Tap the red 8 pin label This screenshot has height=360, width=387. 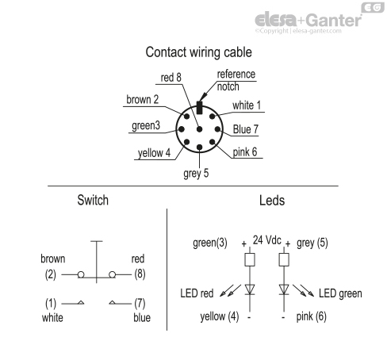pos(174,79)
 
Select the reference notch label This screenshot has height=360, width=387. pos(236,80)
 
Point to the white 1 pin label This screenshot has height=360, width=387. pos(247,105)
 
